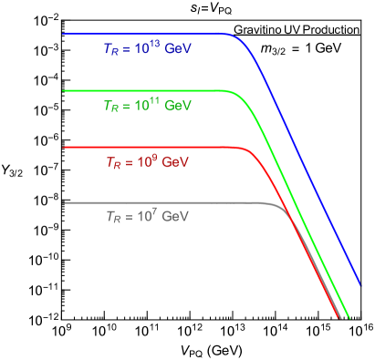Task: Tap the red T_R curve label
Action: pos(146,162)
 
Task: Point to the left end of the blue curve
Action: pos(64,34)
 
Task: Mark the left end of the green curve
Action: pos(64,90)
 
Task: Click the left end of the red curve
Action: pos(64,147)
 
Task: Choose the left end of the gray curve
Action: pos(64,202)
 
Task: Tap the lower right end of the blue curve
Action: pos(360,285)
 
